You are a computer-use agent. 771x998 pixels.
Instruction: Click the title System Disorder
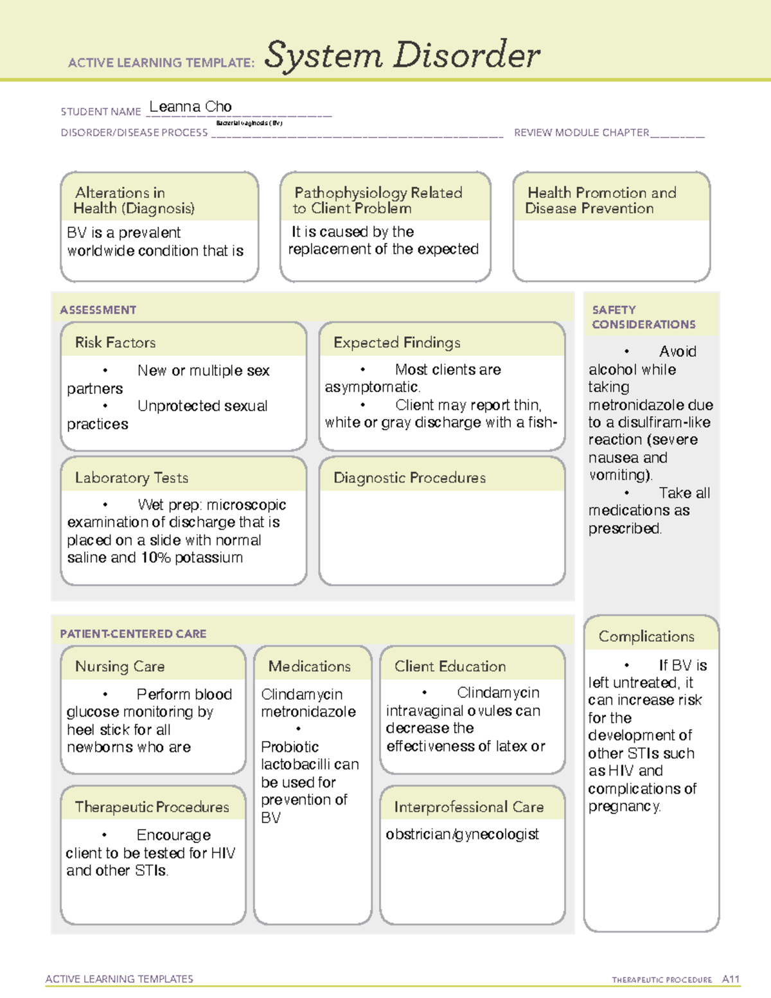pyautogui.click(x=402, y=55)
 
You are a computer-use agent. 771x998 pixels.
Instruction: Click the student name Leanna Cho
pyautogui.click(x=190, y=107)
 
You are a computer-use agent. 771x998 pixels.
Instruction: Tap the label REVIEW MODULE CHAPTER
pyautogui.click(x=581, y=132)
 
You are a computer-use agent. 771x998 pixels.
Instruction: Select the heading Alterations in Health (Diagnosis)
pyautogui.click(x=134, y=200)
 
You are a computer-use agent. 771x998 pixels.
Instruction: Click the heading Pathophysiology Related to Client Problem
pyautogui.click(x=378, y=200)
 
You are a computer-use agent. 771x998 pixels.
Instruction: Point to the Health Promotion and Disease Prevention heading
pyautogui.click(x=601, y=200)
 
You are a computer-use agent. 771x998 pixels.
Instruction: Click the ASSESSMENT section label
pyautogui.click(x=98, y=310)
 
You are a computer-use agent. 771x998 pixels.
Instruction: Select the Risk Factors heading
pyautogui.click(x=115, y=343)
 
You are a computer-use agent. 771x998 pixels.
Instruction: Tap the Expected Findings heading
pyautogui.click(x=396, y=343)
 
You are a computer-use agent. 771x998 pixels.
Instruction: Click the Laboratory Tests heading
pyautogui.click(x=131, y=477)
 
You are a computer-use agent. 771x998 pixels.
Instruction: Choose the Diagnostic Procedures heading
pyautogui.click(x=409, y=477)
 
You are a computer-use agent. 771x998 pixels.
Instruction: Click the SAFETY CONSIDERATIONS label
pyautogui.click(x=643, y=317)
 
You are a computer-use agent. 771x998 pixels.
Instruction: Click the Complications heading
pyautogui.click(x=646, y=636)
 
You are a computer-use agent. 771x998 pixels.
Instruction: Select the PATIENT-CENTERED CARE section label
pyautogui.click(x=133, y=634)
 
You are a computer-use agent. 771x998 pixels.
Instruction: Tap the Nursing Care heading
pyautogui.click(x=120, y=666)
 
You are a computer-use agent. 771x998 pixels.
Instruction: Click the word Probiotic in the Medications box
pyautogui.click(x=290, y=747)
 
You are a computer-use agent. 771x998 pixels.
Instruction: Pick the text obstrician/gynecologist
pyautogui.click(x=462, y=834)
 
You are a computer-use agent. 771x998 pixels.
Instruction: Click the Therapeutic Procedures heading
pyautogui.click(x=152, y=807)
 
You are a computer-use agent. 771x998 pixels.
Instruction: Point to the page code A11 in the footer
pyautogui.click(x=731, y=979)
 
